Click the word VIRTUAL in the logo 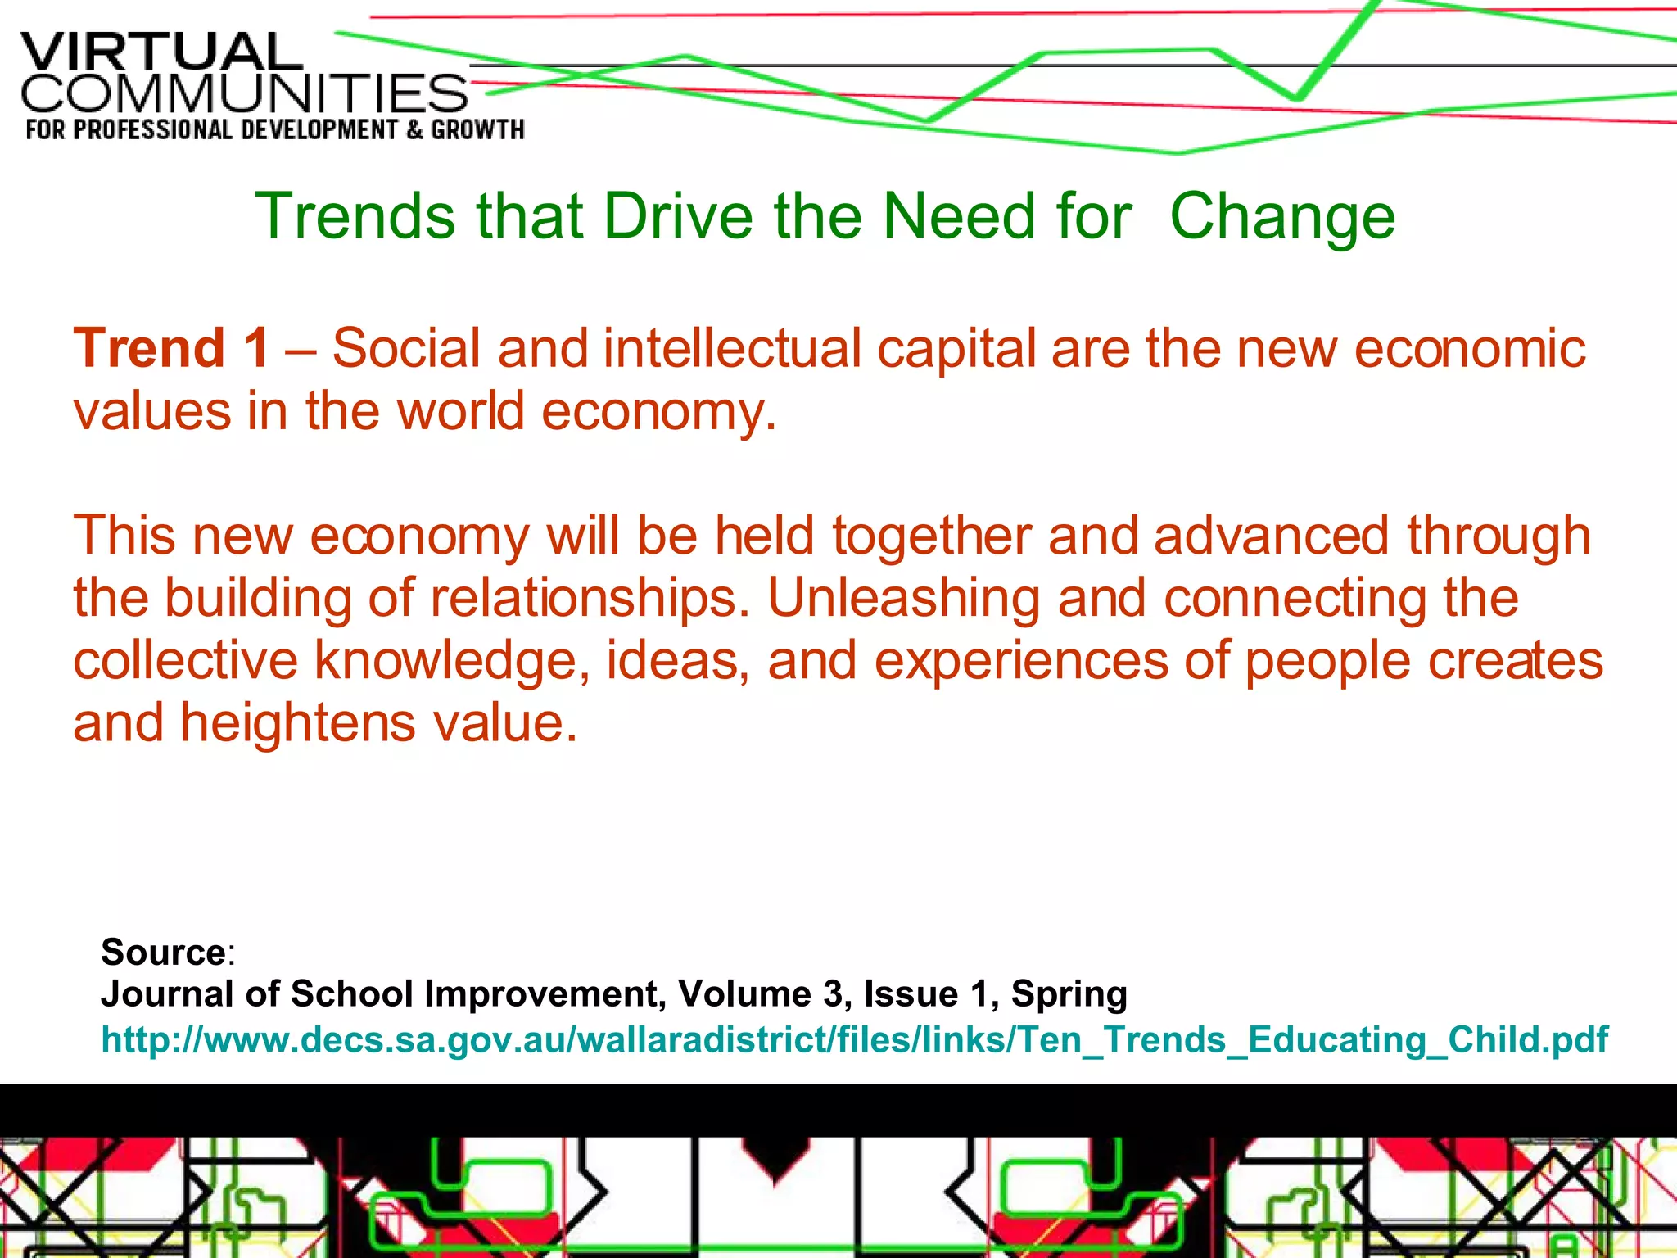click(x=161, y=53)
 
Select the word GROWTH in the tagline click(x=477, y=130)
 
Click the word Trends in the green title click(x=355, y=216)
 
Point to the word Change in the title click(x=1281, y=216)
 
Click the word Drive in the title click(x=677, y=216)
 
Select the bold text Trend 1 click(x=171, y=348)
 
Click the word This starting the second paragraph click(x=124, y=536)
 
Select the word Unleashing click(x=903, y=598)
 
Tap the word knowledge click(x=445, y=661)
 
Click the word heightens click(x=297, y=723)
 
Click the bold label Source click(x=163, y=952)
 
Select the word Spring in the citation click(x=1069, y=994)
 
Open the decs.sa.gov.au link click(x=854, y=1039)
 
